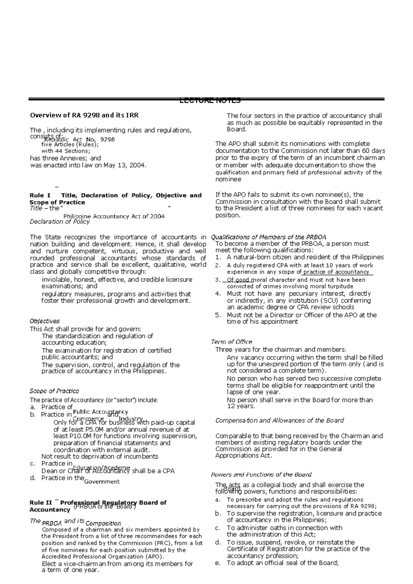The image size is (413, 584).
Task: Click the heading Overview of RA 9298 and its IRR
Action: point(84,116)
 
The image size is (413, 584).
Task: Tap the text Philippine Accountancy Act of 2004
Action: point(114,216)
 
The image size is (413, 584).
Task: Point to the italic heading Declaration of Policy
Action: point(60,222)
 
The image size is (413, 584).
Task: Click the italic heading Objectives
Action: point(44,321)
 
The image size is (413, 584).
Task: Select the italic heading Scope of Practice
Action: point(54,391)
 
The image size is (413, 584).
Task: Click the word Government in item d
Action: point(102,482)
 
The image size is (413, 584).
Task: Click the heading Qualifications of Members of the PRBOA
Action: point(268,237)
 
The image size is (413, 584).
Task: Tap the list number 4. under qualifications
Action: point(218,294)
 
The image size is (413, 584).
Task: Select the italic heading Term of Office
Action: point(231,342)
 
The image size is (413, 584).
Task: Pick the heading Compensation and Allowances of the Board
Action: point(279,420)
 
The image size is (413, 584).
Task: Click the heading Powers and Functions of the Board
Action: point(261,475)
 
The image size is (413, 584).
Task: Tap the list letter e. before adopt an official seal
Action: point(218,563)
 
